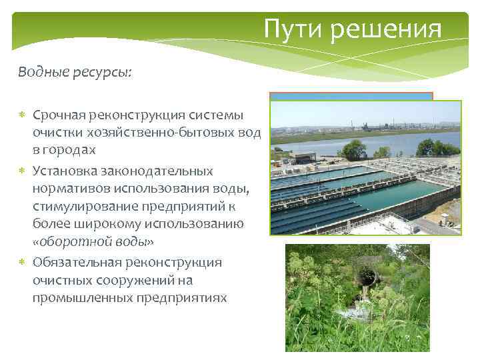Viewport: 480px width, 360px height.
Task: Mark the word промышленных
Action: coord(81,297)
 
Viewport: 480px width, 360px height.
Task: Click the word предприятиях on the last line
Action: coord(181,297)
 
